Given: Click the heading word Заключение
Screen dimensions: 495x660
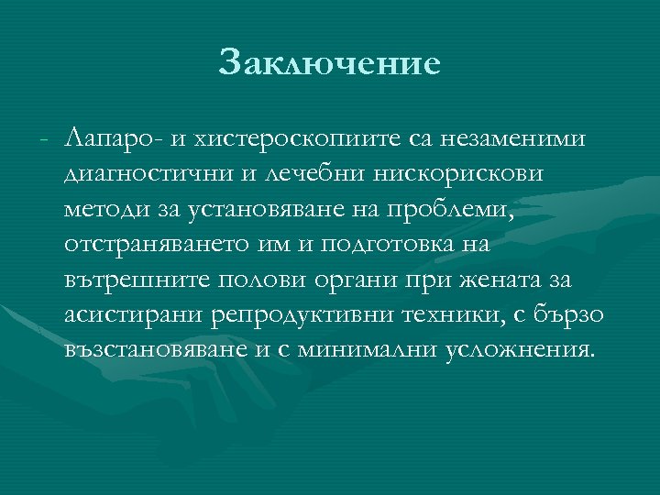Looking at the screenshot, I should [330, 64].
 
